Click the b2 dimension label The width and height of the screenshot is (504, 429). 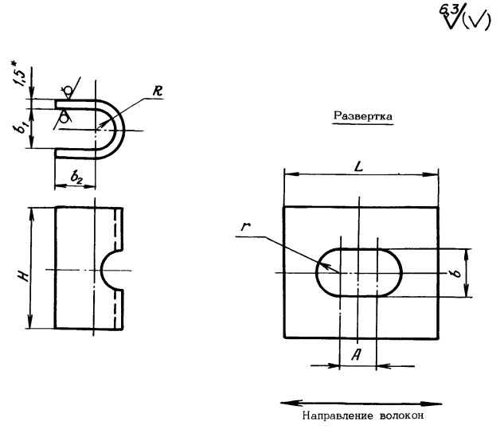coord(76,179)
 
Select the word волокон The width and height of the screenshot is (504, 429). coord(398,416)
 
